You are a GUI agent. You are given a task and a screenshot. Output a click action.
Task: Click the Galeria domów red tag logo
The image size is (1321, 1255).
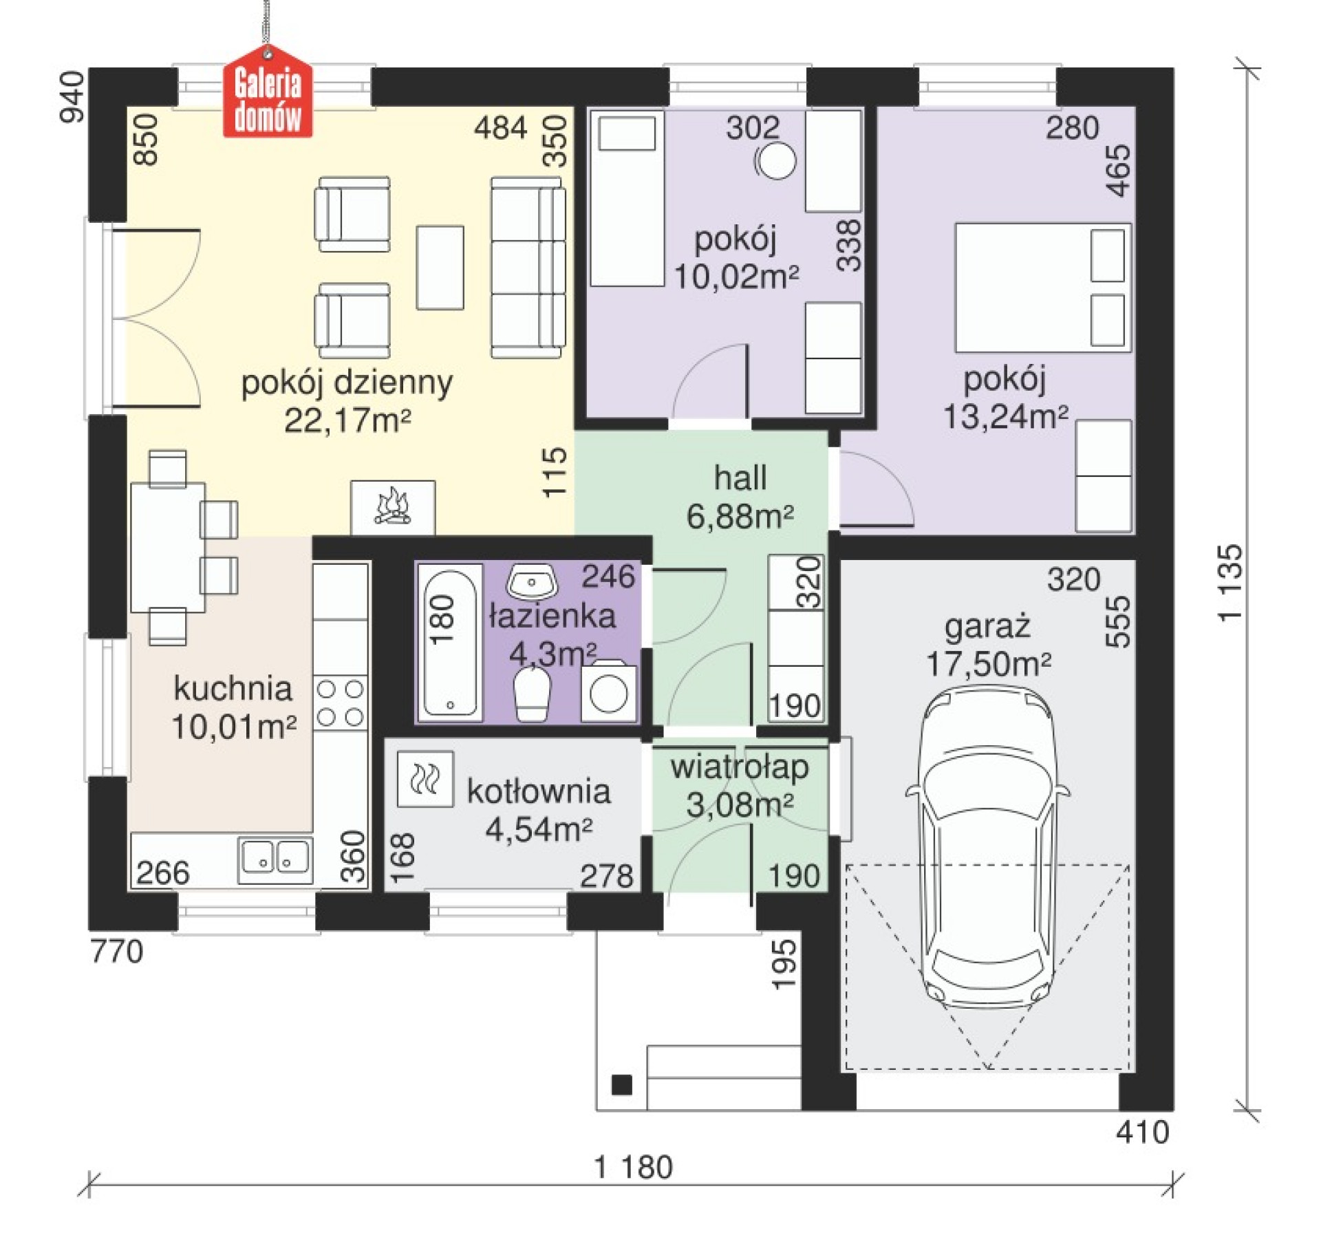pos(268,92)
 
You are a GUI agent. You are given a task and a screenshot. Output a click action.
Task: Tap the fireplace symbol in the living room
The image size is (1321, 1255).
pos(392,507)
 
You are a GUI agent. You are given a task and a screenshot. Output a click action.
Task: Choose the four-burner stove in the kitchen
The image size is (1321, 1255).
pos(340,702)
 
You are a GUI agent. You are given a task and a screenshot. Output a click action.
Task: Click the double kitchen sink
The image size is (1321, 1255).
pos(275,859)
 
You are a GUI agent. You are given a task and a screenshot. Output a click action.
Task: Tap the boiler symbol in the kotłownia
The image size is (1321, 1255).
pos(425,779)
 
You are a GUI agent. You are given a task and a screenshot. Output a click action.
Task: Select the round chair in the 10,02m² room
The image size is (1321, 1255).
pos(776,161)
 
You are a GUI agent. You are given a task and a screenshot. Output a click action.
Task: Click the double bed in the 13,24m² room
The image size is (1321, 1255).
pos(1043,288)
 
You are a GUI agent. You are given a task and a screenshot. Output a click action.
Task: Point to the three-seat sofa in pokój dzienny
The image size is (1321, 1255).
pos(528,268)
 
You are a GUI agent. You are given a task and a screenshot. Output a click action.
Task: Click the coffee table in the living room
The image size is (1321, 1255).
pos(440,268)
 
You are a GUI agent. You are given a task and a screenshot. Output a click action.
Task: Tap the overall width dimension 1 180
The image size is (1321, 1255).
pos(633,1168)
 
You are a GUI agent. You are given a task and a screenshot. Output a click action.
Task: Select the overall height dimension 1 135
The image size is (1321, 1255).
pos(1230,583)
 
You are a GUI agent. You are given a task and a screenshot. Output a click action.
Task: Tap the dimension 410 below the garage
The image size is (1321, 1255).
pos(1143,1132)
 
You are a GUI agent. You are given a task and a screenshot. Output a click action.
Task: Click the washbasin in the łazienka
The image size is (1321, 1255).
pos(531,582)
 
